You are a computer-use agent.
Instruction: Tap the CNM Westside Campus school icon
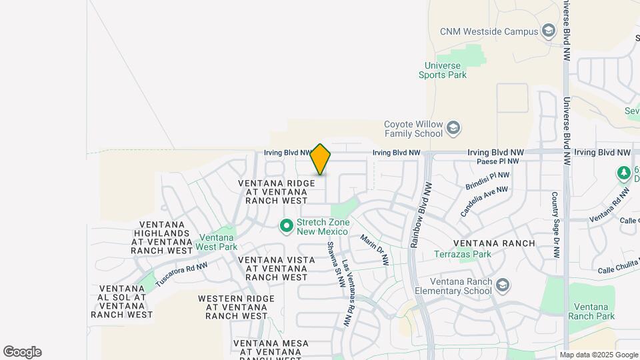click(x=549, y=31)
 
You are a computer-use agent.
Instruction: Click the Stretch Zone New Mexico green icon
click(x=287, y=227)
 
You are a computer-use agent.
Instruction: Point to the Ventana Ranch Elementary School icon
click(x=503, y=286)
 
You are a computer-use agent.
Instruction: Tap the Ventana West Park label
click(x=217, y=242)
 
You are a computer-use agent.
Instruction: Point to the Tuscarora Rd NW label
click(x=181, y=275)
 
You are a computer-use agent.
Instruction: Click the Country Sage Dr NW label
click(x=555, y=225)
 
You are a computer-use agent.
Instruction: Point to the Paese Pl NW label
click(x=498, y=161)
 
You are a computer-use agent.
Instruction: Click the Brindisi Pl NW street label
click(x=487, y=182)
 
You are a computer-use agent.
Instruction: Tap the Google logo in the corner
click(x=22, y=352)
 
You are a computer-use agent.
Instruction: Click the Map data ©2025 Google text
click(x=599, y=355)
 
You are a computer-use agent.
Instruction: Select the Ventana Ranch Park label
click(x=589, y=311)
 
